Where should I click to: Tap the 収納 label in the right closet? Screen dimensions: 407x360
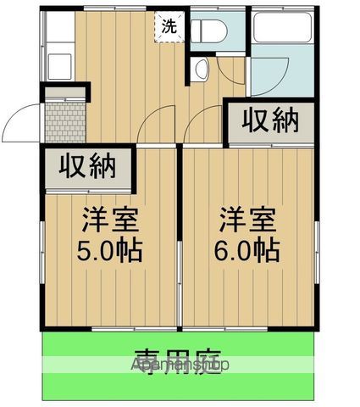point(272,120)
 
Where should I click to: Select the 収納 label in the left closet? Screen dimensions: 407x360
point(87,167)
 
